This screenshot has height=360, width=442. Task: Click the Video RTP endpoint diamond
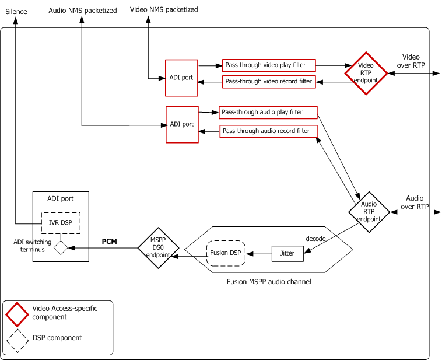point(366,73)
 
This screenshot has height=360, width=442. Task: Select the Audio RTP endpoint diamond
point(369,212)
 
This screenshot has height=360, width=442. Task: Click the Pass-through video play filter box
point(269,65)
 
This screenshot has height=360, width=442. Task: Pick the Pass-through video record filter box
point(269,82)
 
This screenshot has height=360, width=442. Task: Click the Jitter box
point(288,254)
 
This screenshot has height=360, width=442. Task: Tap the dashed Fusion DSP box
point(226,253)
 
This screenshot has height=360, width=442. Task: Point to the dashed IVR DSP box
point(61,223)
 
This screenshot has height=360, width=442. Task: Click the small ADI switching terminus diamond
point(61,248)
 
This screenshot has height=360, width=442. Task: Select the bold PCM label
point(110,241)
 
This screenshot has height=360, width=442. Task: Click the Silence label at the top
point(16,12)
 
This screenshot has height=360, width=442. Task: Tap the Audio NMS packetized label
point(82,11)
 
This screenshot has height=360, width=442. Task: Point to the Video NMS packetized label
point(163,10)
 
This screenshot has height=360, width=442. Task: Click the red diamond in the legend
point(17,314)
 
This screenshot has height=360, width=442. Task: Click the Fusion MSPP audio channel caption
point(268,282)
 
